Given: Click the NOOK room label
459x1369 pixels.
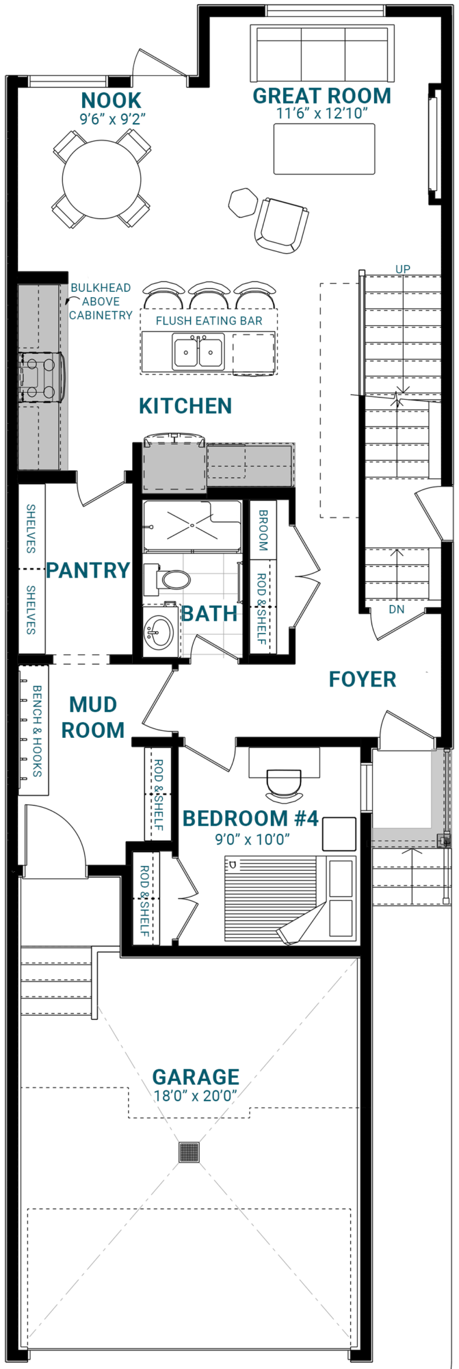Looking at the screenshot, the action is [x=112, y=101].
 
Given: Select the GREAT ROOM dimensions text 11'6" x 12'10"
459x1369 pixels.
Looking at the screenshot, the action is [x=322, y=114].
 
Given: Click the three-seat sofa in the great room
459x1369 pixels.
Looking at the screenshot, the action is [x=323, y=53].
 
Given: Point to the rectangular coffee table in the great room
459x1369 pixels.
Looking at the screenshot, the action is [x=324, y=149].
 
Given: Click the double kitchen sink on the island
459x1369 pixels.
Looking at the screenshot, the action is [x=198, y=353].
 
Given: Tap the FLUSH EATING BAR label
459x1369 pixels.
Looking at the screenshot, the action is [x=209, y=320].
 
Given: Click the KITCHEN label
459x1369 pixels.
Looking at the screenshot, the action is [x=185, y=406].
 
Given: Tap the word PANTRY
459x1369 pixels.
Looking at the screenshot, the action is [x=88, y=570].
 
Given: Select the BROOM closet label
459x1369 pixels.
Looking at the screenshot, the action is [x=263, y=530].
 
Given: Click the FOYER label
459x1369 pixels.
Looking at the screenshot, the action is [x=363, y=679].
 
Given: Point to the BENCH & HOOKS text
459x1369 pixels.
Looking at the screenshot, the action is [x=37, y=731].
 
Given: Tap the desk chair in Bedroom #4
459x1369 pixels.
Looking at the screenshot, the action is [x=283, y=785].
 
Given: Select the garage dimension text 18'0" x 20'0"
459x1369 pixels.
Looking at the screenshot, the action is [x=196, y=1095].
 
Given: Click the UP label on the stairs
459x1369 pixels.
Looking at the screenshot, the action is [x=403, y=269].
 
